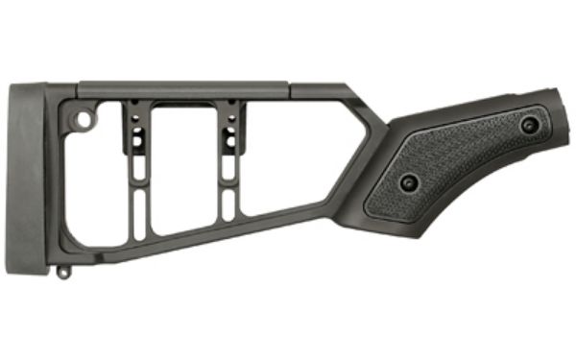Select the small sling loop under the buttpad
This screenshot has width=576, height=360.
coord(62,272)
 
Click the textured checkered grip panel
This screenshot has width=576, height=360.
coord(461,158)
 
